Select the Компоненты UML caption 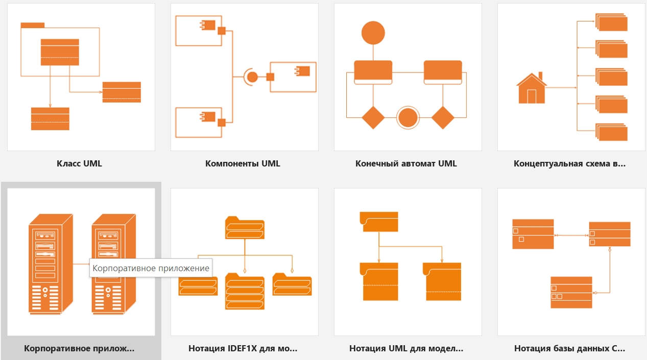(x=243, y=164)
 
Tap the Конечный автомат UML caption (x=406, y=164)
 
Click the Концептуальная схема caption (x=569, y=164)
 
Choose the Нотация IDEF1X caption (x=243, y=349)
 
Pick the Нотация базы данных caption (x=569, y=349)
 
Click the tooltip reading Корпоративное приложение (x=151, y=268)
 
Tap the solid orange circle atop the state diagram (x=373, y=33)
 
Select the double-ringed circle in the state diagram (x=408, y=118)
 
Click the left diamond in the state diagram (x=373, y=118)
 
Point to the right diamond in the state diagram (x=443, y=118)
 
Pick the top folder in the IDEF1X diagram (x=245, y=228)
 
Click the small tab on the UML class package (x=32, y=25)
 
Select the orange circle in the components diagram (x=252, y=77)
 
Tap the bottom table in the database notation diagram (x=571, y=292)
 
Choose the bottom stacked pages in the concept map (x=612, y=132)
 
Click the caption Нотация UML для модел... (x=406, y=349)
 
